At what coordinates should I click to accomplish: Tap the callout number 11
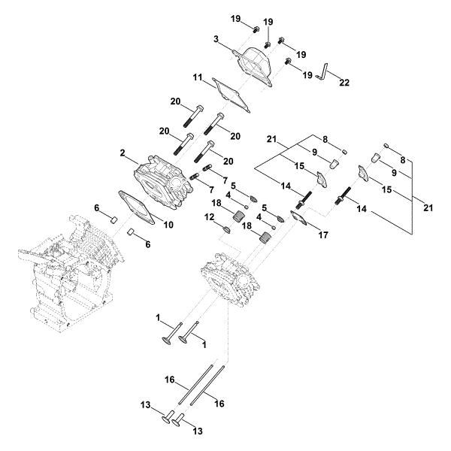click(197, 77)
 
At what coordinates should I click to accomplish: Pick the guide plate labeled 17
click(301, 219)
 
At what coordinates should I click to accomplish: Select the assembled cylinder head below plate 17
click(233, 281)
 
